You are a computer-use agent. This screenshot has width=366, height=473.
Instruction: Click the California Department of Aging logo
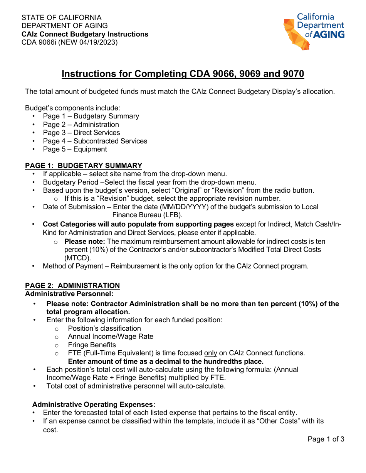[314, 31]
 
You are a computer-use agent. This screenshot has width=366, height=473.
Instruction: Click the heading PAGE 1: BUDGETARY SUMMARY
[84, 166]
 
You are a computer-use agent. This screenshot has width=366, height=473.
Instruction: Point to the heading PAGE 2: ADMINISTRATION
[72, 286]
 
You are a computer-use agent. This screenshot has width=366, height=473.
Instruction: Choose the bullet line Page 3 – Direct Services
[81, 133]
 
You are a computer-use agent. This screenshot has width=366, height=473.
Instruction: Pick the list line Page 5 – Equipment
[75, 149]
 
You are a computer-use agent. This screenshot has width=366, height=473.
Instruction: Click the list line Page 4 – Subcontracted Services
[95, 141]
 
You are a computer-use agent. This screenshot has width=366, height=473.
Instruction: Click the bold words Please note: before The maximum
[85, 241]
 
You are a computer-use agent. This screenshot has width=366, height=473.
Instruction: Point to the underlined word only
[211, 353]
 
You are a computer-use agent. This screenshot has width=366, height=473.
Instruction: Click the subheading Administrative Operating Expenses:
[94, 405]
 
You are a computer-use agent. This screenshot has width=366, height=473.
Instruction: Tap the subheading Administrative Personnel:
[69, 294]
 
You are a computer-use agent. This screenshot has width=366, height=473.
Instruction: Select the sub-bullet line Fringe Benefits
[92, 345]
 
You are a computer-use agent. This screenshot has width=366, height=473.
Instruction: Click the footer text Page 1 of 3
[326, 439]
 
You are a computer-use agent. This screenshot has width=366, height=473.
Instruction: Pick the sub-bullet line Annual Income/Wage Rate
[111, 336]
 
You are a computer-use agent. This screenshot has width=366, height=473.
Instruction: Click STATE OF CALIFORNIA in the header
[62, 18]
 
